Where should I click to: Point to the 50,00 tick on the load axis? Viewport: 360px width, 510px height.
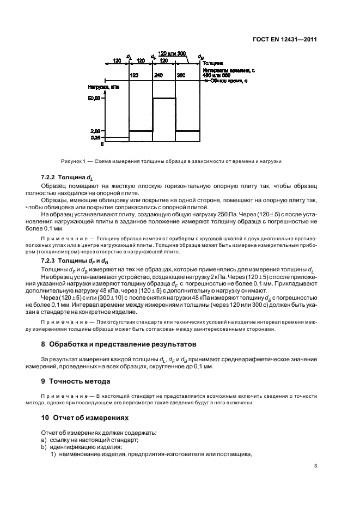click(94, 99)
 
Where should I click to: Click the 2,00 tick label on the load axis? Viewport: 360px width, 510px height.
click(95, 131)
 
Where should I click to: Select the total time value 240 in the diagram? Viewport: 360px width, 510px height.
click(158, 75)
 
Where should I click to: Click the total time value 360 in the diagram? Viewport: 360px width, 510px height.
click(181, 75)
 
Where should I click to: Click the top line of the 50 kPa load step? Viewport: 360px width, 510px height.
click(164, 98)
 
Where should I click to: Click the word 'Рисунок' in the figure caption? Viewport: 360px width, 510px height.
click(71, 161)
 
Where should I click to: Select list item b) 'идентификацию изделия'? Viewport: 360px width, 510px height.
click(82, 447)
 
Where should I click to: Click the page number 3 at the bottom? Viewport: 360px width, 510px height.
click(316, 466)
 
